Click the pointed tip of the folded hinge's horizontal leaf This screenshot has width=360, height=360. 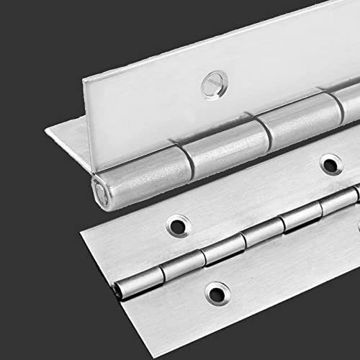coord(47,131)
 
